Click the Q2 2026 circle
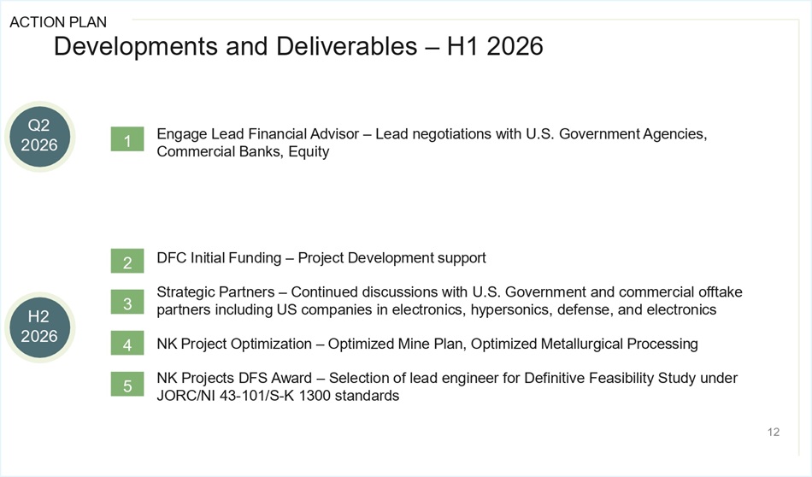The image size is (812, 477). [x=39, y=136]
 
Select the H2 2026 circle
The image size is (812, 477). [x=39, y=327]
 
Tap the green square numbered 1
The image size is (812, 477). [x=127, y=139]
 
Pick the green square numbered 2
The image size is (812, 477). [x=127, y=261]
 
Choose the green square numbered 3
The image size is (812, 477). [x=127, y=302]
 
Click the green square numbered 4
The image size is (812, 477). [x=127, y=343]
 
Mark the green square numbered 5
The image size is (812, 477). [x=127, y=385]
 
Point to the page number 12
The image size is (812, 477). [x=774, y=432]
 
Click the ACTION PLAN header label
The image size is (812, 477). [x=58, y=22]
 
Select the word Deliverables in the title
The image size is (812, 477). [x=346, y=46]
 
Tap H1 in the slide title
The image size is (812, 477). [x=462, y=46]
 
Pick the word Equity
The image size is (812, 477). [x=309, y=152]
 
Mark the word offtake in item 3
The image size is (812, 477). [x=721, y=292]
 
